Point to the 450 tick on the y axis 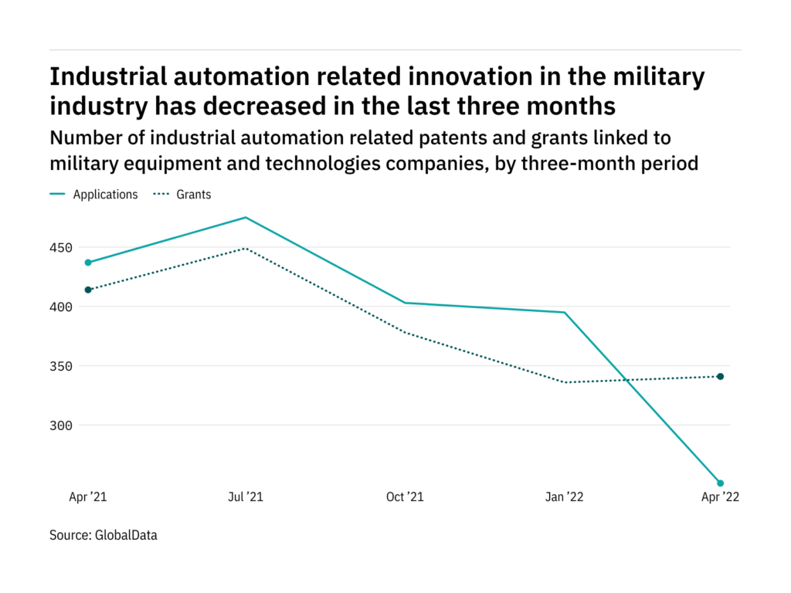click(x=62, y=248)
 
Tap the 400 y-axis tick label click(x=62, y=307)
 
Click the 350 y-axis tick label click(x=62, y=366)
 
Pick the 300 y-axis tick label click(x=62, y=425)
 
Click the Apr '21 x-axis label click(x=88, y=497)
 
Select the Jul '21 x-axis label click(x=246, y=497)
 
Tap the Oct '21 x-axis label click(x=405, y=497)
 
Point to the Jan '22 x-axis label click(x=565, y=497)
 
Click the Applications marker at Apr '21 click(x=88, y=263)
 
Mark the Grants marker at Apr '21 click(x=88, y=290)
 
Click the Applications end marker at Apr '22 click(x=721, y=483)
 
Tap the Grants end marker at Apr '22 click(x=721, y=377)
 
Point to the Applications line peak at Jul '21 click(x=246, y=218)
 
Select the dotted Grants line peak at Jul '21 click(x=246, y=249)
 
